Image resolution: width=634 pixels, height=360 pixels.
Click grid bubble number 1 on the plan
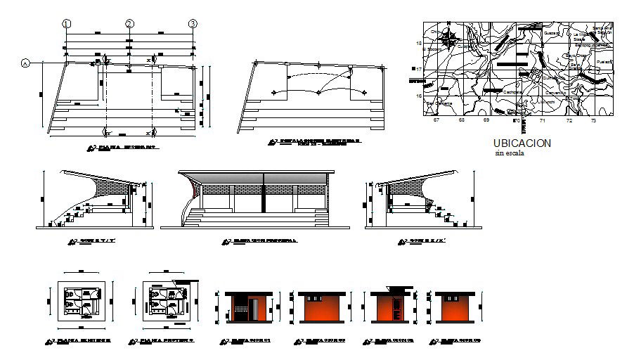pos(67,23)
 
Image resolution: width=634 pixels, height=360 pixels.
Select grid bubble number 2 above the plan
pos(129,23)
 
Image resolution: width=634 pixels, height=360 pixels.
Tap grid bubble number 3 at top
pos(193,23)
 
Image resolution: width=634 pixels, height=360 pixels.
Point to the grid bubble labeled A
pos(26,63)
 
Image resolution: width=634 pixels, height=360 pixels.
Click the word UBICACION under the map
pos(523,143)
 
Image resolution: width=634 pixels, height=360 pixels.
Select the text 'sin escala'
pos(510,153)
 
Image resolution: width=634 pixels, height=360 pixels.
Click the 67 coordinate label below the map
pos(436,121)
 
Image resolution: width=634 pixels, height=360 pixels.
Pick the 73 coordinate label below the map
pos(593,121)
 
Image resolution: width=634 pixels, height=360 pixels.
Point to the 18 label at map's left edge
pos(419,44)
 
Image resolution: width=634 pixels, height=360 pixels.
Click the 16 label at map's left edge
pos(419,96)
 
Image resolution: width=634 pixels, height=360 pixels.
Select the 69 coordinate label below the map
pos(486,121)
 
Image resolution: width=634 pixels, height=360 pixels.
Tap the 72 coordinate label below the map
pos(569,121)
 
